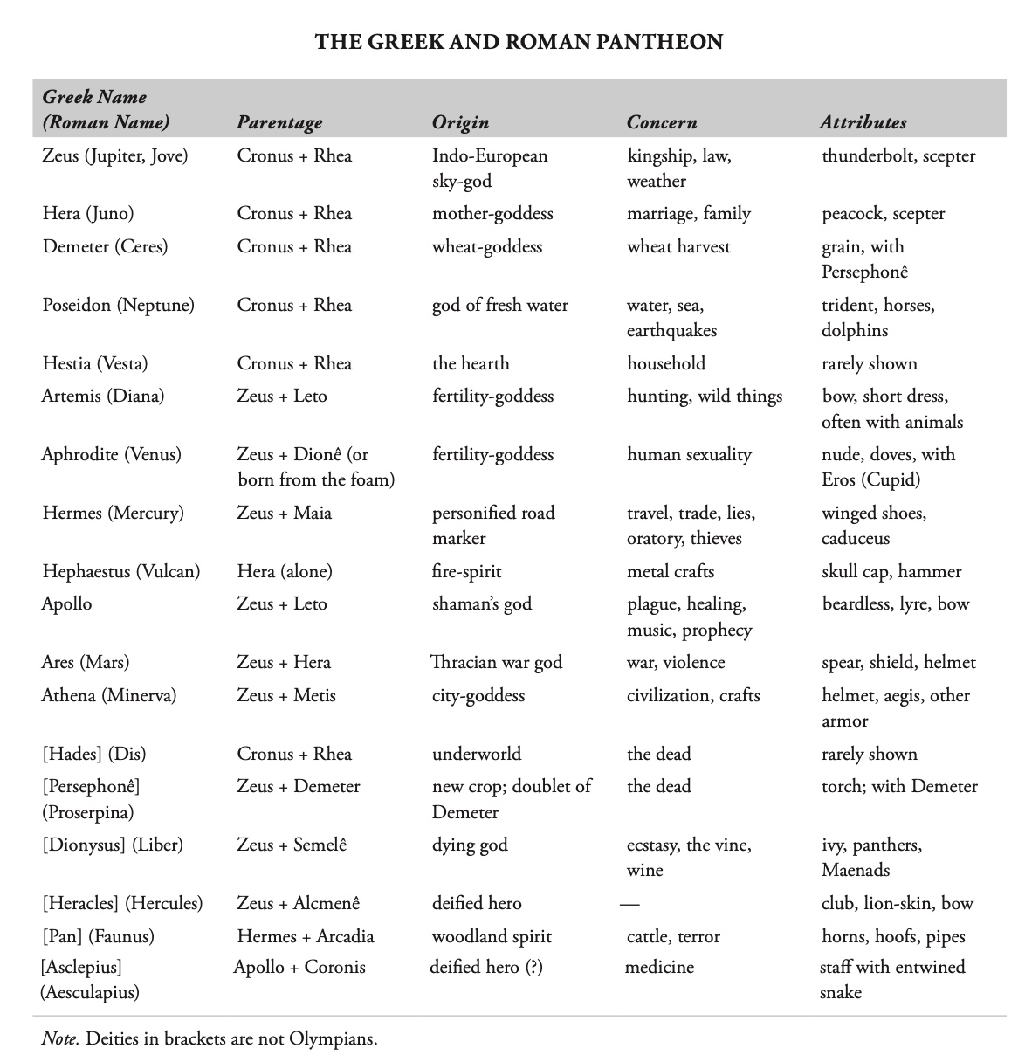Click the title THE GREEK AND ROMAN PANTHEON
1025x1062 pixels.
(x=519, y=42)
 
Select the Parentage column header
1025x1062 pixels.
(x=279, y=123)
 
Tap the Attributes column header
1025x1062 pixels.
(x=863, y=123)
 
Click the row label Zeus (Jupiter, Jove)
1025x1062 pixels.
(x=115, y=156)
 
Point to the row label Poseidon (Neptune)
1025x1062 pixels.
(x=119, y=306)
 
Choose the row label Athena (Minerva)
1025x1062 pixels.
(x=109, y=696)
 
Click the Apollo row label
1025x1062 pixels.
(x=67, y=604)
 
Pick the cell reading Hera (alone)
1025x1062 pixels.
(x=285, y=572)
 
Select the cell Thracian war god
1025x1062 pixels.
(x=497, y=663)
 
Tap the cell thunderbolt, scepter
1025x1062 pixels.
(x=898, y=156)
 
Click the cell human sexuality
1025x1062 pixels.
(x=689, y=455)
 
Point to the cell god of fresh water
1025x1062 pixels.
(x=499, y=306)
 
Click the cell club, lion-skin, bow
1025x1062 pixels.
(x=897, y=904)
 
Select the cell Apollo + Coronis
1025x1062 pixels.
(x=299, y=968)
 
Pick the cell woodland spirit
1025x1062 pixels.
(x=492, y=937)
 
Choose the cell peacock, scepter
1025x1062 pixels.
(x=883, y=214)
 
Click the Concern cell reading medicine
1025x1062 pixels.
(x=659, y=968)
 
